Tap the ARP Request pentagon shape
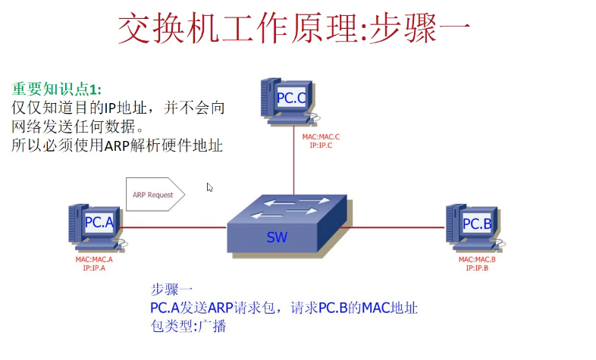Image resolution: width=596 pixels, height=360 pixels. (154, 195)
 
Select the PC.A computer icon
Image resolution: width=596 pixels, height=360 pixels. (96, 227)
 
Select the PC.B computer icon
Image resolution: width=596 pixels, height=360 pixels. (475, 227)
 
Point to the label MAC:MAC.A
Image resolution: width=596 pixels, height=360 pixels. (94, 259)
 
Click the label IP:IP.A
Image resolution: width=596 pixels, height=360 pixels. (94, 268)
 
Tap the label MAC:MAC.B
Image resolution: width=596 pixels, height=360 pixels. (477, 259)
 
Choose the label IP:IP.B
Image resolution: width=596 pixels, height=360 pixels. (477, 268)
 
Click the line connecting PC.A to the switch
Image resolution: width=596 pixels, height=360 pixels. (174, 226)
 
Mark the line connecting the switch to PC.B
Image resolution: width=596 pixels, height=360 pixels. (394, 226)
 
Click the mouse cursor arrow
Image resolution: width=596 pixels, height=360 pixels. (210, 187)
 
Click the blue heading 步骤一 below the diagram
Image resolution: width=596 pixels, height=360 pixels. (173, 290)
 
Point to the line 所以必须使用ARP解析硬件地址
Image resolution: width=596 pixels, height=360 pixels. (117, 146)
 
